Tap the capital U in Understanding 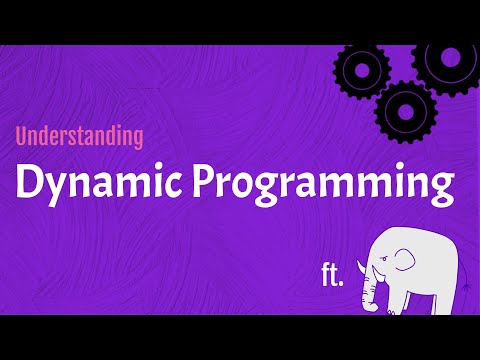[23, 137]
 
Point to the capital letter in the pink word [23, 137]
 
